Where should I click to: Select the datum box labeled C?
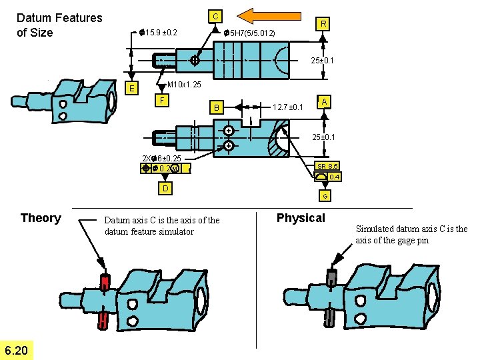click(215, 15)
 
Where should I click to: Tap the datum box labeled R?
click(323, 24)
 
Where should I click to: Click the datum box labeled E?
click(133, 89)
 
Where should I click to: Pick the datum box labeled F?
click(160, 101)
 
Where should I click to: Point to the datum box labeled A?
click(323, 101)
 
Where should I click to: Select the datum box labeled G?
click(325, 196)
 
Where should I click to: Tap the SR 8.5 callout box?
click(327, 166)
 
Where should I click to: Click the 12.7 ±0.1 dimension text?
click(288, 107)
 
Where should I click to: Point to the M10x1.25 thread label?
click(183, 85)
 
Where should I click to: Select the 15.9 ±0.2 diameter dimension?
click(158, 32)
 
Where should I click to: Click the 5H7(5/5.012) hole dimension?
click(249, 33)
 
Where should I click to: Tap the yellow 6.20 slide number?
click(17, 350)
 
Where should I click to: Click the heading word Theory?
click(41, 218)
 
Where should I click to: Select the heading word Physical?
click(301, 218)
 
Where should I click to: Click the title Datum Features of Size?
click(59, 25)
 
